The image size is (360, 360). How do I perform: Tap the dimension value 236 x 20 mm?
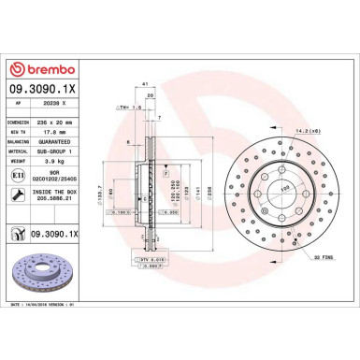pyautogui.click(x=74, y=122)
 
